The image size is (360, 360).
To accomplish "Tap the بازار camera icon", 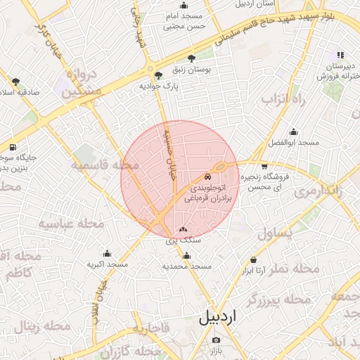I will (x=216, y=340).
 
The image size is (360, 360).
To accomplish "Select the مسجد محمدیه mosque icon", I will (x=186, y=256).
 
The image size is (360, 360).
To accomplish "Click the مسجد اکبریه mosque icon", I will (x=107, y=254).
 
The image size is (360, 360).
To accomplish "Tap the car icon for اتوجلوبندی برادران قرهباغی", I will (x=207, y=178).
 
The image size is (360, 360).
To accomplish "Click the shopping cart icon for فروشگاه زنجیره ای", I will (x=264, y=167).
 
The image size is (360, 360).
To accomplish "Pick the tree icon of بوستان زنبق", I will (x=192, y=59).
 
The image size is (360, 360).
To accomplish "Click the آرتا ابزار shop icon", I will (x=253, y=259).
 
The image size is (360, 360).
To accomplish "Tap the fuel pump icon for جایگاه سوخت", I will (x=13, y=147).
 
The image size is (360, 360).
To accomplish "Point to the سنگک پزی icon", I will (x=184, y=229).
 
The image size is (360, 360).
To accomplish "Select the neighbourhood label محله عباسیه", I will (x=70, y=224).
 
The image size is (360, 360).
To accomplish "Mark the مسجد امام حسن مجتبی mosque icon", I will (x=184, y=6).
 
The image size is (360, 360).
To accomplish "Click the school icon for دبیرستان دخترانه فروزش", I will (x=340, y=55).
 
